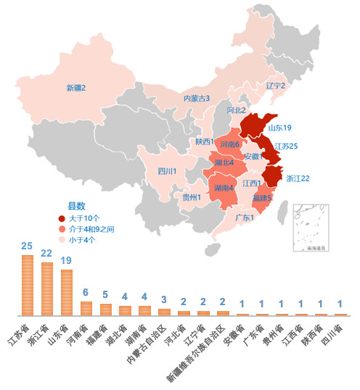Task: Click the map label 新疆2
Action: tap(76, 88)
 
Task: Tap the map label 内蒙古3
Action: tap(196, 98)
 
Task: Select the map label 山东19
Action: tap(279, 128)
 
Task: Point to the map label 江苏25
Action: tap(286, 146)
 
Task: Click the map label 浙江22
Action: tap(298, 178)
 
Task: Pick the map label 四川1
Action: tap(167, 171)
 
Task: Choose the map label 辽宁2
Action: tap(276, 86)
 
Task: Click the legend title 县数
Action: tap(76, 206)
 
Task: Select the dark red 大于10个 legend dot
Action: tap(62, 217)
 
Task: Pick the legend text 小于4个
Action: tap(82, 239)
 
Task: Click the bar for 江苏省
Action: tap(28, 285)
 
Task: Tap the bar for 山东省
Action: tap(67, 292)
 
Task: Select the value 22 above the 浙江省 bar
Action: tap(47, 253)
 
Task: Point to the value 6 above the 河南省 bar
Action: tap(86, 292)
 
